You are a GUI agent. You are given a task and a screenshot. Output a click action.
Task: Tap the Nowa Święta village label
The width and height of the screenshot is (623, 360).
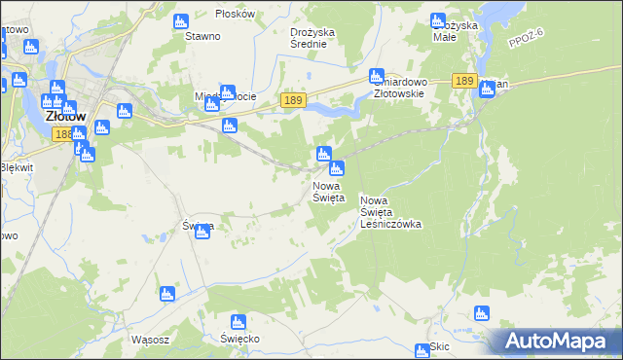point(328,191)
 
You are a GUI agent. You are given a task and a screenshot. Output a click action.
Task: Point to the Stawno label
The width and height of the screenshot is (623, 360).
point(202,36)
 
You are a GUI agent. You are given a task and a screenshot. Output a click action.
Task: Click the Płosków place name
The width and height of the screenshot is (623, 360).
point(236,14)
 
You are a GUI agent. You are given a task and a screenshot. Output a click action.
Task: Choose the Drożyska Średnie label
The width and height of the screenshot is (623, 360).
point(312,37)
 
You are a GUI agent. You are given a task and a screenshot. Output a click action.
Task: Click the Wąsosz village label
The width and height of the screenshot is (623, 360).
point(149,341)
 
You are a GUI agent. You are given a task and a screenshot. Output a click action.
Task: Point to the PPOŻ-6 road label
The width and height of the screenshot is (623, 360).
point(526,40)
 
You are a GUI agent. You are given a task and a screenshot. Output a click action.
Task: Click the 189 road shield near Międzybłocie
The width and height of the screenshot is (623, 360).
point(292,99)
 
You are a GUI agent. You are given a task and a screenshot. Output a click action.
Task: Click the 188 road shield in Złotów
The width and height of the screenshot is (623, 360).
point(63,134)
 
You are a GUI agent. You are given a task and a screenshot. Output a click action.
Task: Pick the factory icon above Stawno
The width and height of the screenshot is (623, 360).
point(180,21)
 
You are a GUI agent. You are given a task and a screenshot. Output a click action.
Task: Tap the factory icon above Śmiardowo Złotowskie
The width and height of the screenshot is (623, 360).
point(377,75)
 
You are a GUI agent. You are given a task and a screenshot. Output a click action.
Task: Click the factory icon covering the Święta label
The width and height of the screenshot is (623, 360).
point(202,231)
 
